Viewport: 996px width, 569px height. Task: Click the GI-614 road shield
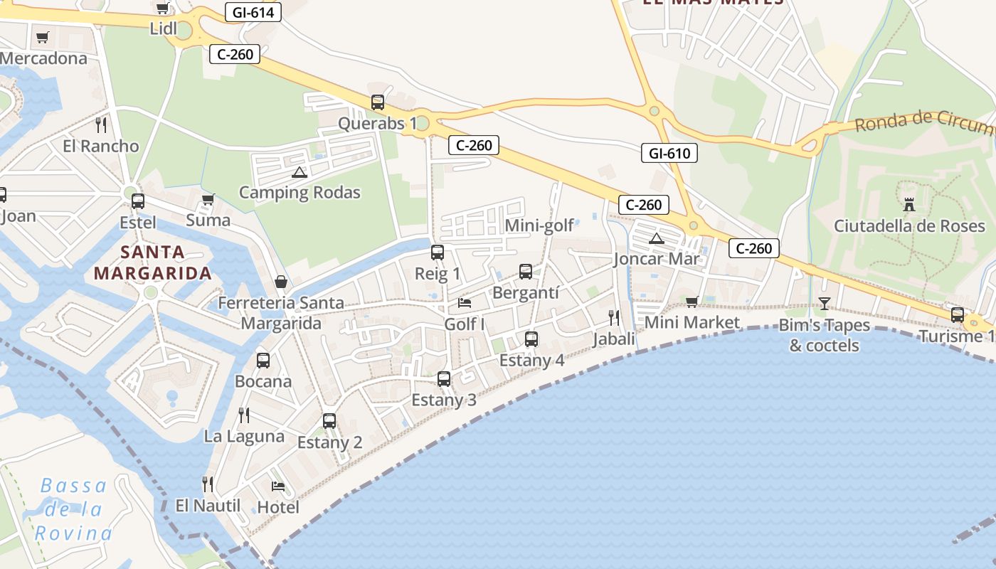pyautogui.click(x=253, y=12)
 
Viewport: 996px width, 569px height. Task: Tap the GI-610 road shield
pyautogui.click(x=669, y=153)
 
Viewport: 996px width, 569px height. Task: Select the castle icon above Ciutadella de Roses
pyautogui.click(x=908, y=205)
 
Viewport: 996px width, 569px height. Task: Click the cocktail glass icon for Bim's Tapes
pyautogui.click(x=824, y=304)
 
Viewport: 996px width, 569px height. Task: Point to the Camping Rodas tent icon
pyautogui.click(x=299, y=172)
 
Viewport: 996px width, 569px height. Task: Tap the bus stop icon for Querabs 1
pyautogui.click(x=377, y=102)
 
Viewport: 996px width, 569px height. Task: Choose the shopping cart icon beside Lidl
pyautogui.click(x=162, y=9)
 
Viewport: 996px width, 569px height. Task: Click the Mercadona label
pyautogui.click(x=44, y=58)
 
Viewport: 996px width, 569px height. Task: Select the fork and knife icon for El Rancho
pyautogui.click(x=101, y=125)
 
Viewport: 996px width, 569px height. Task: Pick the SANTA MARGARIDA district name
pyautogui.click(x=153, y=262)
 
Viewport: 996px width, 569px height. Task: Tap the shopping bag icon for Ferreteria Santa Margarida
pyautogui.click(x=281, y=282)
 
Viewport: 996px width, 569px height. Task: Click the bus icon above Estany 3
pyautogui.click(x=444, y=379)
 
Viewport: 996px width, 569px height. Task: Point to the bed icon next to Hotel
pyautogui.click(x=278, y=486)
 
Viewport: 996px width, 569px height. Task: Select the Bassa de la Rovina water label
pyautogui.click(x=74, y=509)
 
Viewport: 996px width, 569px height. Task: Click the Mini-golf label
pyautogui.click(x=539, y=226)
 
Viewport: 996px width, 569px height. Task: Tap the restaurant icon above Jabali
pyautogui.click(x=614, y=317)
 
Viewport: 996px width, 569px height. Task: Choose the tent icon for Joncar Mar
pyautogui.click(x=656, y=238)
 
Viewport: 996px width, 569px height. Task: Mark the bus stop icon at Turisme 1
pyautogui.click(x=958, y=315)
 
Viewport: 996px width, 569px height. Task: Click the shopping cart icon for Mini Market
pyautogui.click(x=692, y=302)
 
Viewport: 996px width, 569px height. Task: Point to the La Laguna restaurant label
pyautogui.click(x=244, y=436)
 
